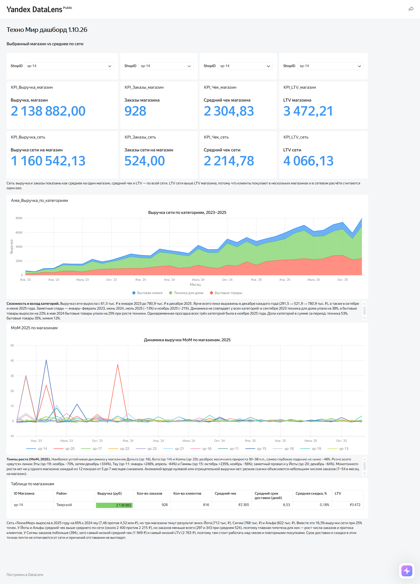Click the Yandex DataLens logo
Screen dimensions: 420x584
[x=39, y=9]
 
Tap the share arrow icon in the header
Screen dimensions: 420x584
[x=411, y=9]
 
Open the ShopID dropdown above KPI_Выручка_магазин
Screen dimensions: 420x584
[x=69, y=66]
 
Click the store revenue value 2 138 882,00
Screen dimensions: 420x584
[x=48, y=111]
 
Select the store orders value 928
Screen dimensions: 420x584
[x=135, y=111]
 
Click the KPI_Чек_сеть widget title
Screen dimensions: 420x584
[x=216, y=137]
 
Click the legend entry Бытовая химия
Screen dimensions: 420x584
[x=147, y=293]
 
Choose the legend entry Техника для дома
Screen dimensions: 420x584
[x=186, y=293]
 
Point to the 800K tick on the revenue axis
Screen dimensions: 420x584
[x=19, y=218]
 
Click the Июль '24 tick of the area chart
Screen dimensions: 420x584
[x=198, y=280]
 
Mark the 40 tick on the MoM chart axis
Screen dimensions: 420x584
[x=12, y=360]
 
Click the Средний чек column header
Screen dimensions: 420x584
[x=225, y=493]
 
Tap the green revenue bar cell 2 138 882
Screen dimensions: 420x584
[x=114, y=505]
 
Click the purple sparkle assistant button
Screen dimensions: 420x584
[x=407, y=571]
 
